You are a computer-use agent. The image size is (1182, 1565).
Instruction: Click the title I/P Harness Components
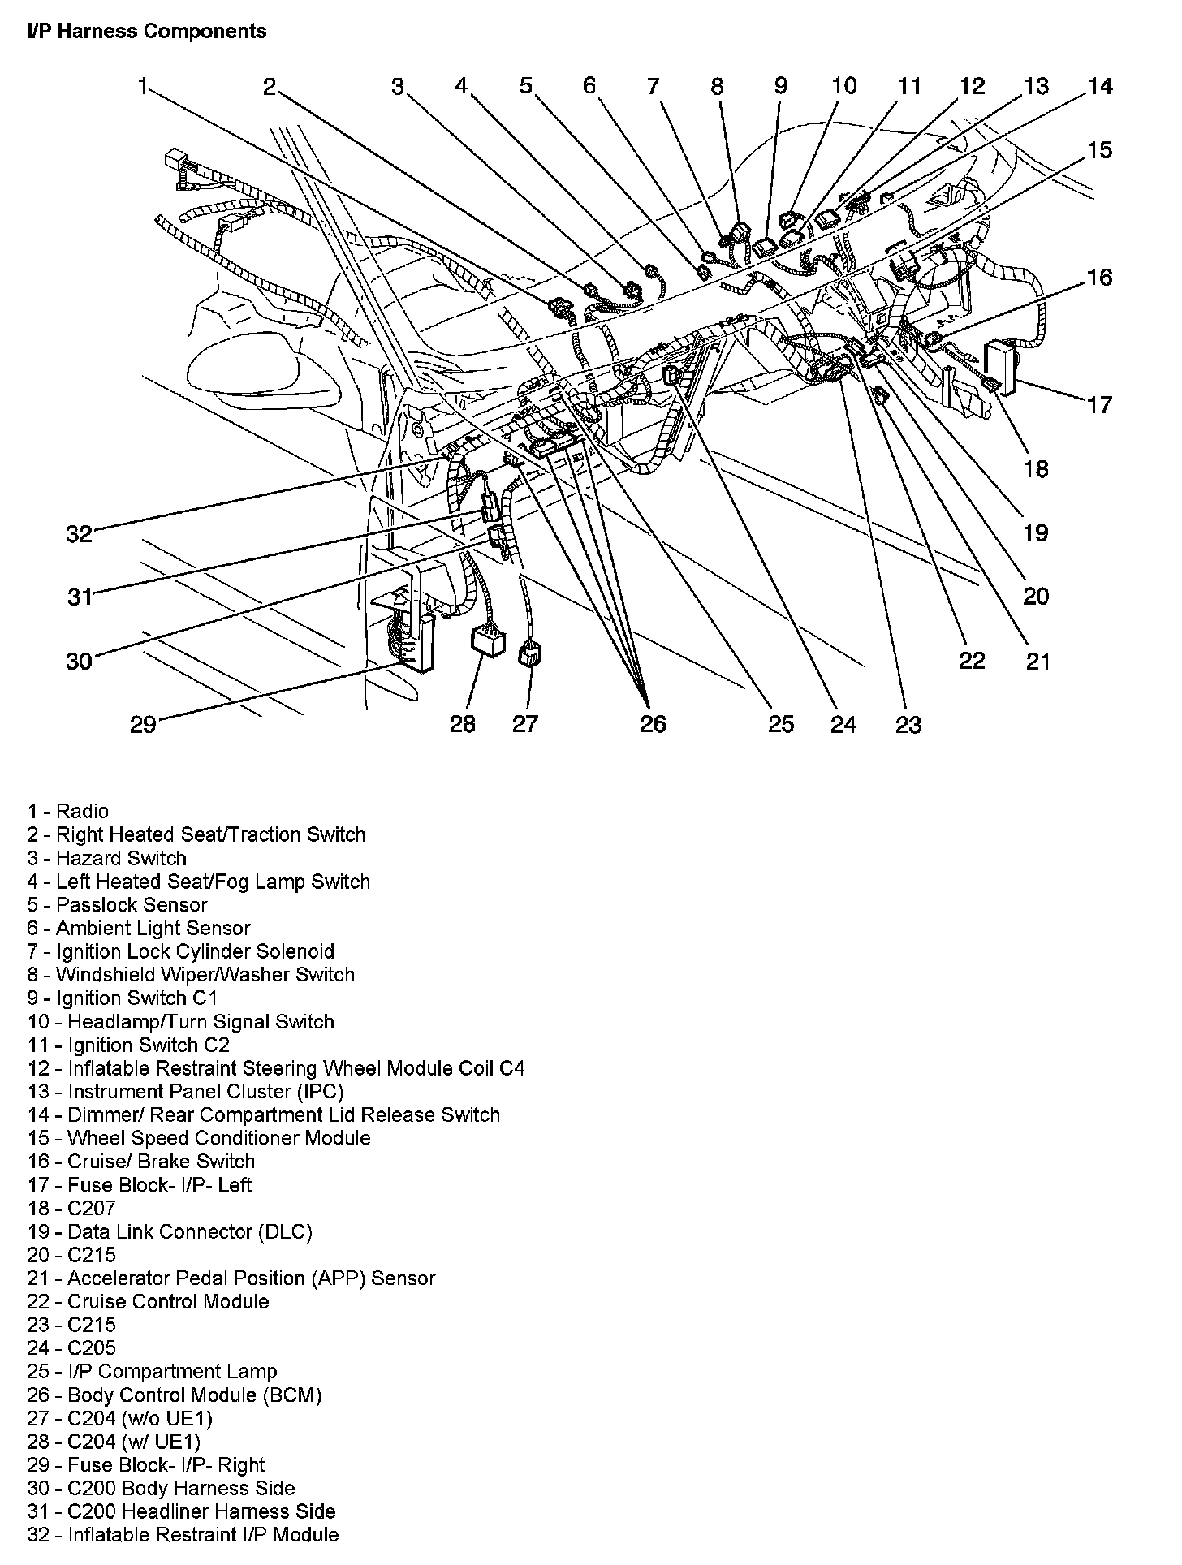tap(147, 32)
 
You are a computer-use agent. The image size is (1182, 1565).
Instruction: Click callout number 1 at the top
tap(143, 86)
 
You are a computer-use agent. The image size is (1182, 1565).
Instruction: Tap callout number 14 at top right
tap(1100, 86)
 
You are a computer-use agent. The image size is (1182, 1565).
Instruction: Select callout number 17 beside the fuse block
tap(1100, 404)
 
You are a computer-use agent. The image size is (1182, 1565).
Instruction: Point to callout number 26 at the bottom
tap(653, 723)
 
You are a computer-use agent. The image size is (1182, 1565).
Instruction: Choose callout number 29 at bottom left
tap(143, 723)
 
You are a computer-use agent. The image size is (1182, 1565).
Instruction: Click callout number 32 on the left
tap(80, 533)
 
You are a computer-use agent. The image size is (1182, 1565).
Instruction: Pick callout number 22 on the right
tap(972, 660)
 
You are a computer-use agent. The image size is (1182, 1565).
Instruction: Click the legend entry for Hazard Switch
tap(107, 858)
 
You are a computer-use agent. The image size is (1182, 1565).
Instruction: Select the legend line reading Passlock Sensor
tap(117, 905)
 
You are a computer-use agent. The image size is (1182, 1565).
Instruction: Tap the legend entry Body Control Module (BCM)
tap(175, 1395)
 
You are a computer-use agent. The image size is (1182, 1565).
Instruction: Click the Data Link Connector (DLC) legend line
tap(170, 1231)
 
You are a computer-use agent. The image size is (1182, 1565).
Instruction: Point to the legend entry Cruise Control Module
tap(148, 1301)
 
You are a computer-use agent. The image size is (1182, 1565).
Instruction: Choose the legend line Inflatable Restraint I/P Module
tap(183, 1535)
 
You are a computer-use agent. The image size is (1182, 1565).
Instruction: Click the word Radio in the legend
tap(82, 811)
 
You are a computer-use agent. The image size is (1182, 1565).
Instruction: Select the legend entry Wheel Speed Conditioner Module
tap(199, 1138)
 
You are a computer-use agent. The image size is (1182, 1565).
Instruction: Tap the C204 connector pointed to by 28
tap(485, 640)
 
